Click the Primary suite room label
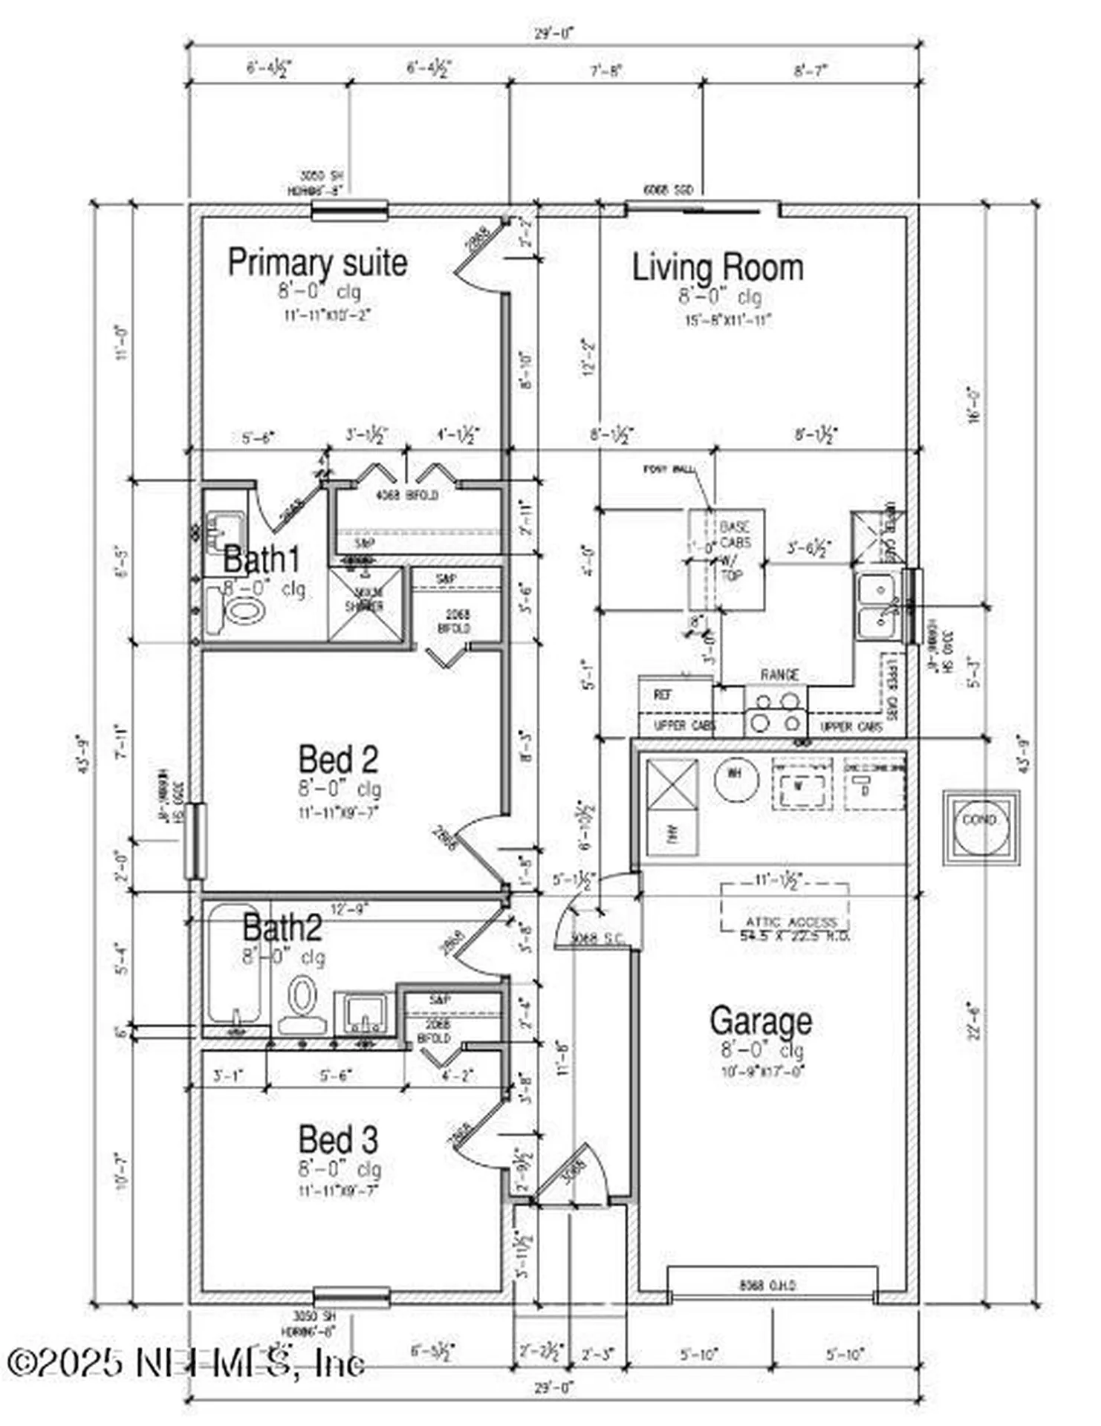tap(317, 263)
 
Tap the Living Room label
tap(717, 267)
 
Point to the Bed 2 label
tap(338, 759)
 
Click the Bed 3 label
tap(338, 1139)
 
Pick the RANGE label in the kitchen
tap(779, 674)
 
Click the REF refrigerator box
tap(663, 694)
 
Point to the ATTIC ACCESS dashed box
tap(785, 908)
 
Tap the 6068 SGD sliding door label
tap(669, 191)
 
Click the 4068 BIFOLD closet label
tap(406, 495)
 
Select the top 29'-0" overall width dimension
tap(554, 33)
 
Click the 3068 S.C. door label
tap(597, 938)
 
